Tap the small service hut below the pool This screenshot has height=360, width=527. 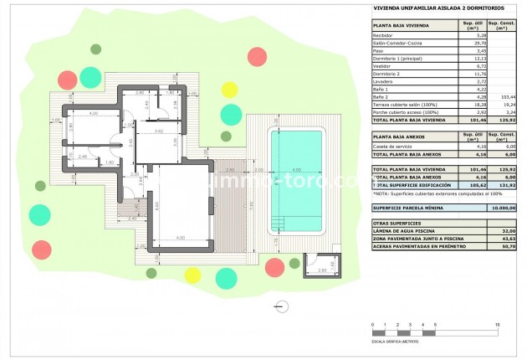(x=325, y=265)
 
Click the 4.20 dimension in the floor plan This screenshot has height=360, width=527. (x=94, y=112)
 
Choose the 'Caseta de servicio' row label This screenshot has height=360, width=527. (x=393, y=147)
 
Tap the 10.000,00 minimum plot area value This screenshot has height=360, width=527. (x=502, y=207)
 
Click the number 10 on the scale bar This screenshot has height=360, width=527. (x=498, y=323)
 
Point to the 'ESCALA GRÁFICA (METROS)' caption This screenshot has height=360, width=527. (x=395, y=342)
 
